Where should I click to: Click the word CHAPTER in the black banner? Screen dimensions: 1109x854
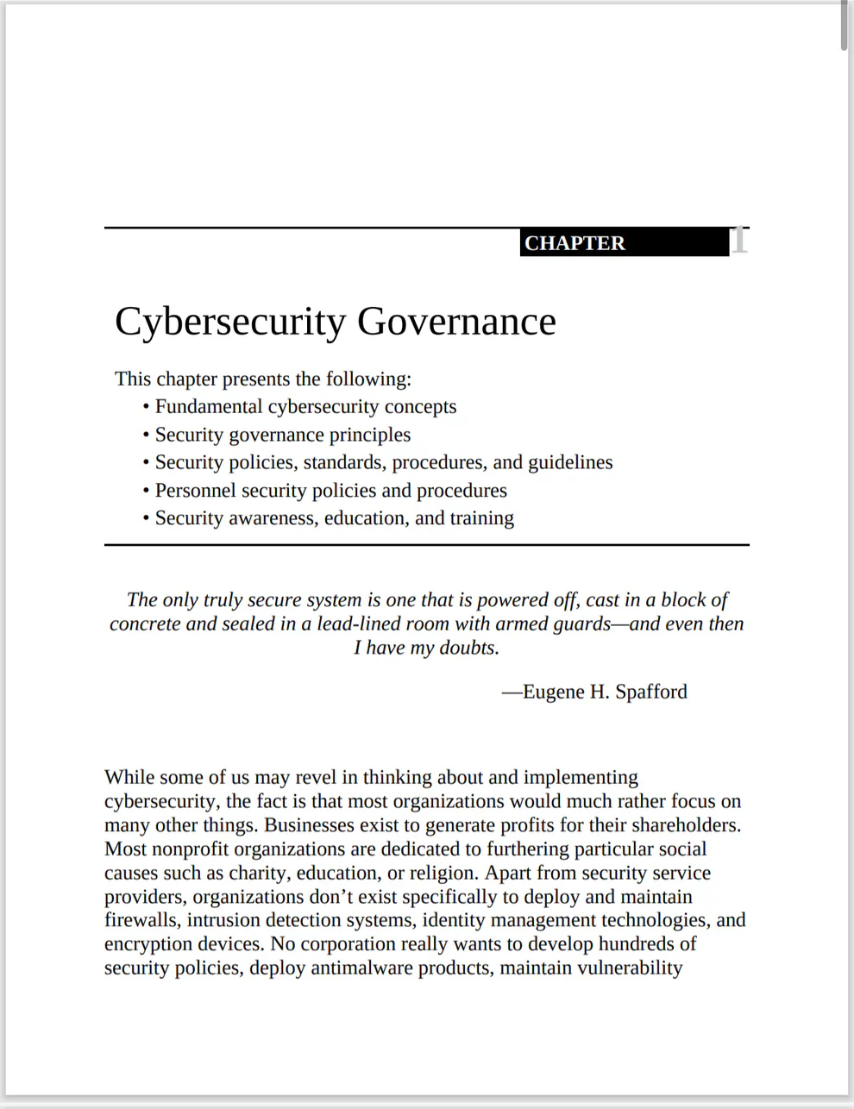(575, 243)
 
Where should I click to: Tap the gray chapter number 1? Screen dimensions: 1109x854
(739, 241)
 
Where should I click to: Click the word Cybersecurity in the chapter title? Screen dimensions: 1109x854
(230, 322)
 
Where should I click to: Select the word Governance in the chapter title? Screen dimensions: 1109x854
(456, 322)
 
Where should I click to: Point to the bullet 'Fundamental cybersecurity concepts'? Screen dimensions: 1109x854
(305, 407)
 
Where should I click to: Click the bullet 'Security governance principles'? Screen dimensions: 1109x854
(282, 435)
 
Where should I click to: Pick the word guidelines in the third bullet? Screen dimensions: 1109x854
(570, 462)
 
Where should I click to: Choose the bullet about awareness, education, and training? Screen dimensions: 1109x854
(334, 518)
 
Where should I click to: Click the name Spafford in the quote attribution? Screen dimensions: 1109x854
(651, 692)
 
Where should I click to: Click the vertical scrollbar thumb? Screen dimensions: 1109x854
(845, 26)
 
